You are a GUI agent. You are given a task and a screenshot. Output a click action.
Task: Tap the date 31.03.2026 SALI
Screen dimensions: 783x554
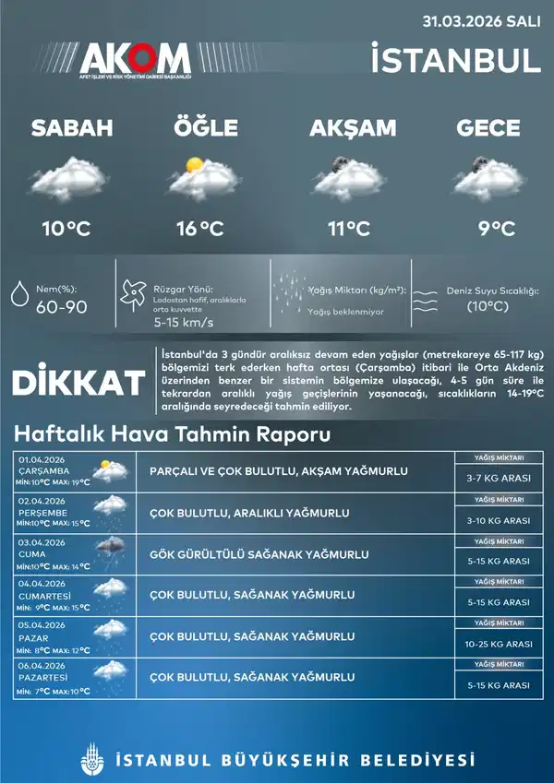pos(481,19)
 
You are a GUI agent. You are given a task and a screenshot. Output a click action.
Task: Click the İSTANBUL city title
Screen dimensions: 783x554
pos(455,60)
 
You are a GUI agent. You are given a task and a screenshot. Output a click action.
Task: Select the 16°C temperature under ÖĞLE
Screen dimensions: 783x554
pos(200,228)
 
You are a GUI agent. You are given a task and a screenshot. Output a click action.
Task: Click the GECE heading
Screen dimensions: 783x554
pos(488,129)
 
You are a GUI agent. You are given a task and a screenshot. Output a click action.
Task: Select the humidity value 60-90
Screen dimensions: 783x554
pos(62,307)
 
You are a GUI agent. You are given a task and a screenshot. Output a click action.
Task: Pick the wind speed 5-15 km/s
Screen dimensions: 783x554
pos(184,323)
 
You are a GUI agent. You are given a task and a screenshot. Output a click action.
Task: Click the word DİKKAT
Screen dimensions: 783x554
pos(78,383)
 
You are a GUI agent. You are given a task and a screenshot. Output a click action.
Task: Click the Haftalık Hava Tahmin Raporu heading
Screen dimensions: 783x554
pos(173,433)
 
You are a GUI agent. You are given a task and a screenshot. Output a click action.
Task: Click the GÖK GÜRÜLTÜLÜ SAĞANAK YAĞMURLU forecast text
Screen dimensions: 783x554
pos(259,554)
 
